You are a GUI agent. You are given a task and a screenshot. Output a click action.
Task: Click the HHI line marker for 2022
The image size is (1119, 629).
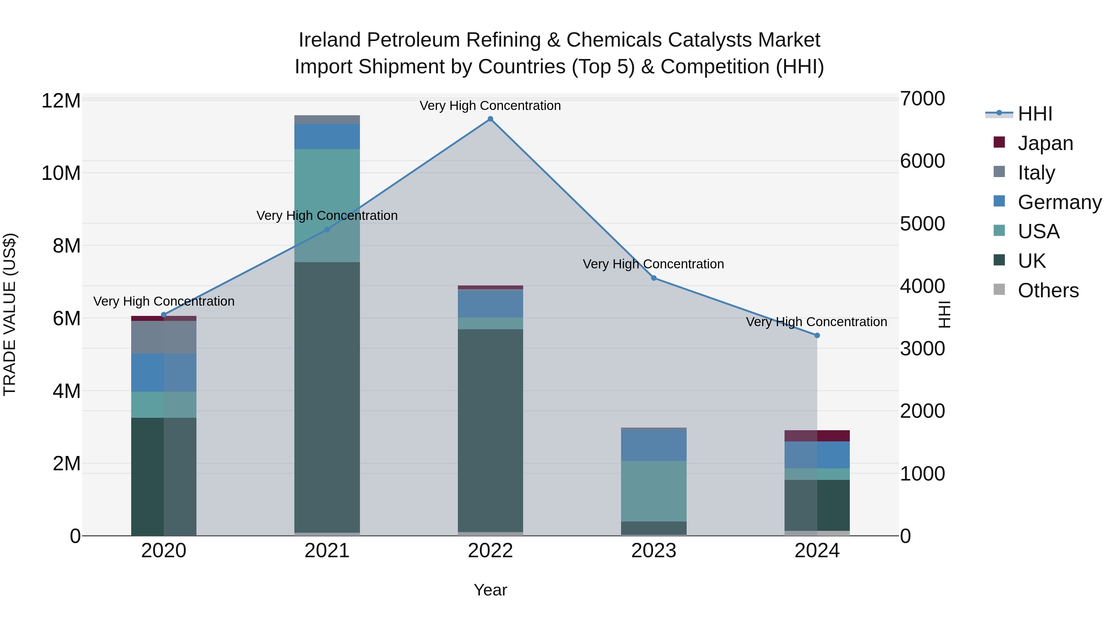[x=490, y=119]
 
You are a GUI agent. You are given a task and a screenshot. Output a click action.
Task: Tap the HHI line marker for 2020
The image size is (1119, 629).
[x=164, y=315]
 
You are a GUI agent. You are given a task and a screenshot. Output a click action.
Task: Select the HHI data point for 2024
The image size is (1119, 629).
[x=817, y=335]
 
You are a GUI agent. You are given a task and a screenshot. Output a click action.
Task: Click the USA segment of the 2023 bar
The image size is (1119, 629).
[x=654, y=491]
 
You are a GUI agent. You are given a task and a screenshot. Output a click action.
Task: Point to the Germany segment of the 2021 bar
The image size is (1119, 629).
[x=327, y=136]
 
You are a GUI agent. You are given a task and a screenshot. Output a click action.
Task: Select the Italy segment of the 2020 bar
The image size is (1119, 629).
[x=164, y=337]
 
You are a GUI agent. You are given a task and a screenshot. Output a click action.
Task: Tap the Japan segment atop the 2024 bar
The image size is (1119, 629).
[x=817, y=435]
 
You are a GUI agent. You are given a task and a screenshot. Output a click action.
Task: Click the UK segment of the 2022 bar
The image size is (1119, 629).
[x=490, y=430]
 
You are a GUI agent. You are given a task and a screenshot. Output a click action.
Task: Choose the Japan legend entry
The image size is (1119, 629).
[x=1045, y=143]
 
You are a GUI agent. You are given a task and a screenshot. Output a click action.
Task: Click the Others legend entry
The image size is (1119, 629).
[x=1048, y=290]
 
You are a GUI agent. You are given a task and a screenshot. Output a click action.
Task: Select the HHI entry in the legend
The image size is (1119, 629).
[x=1035, y=114]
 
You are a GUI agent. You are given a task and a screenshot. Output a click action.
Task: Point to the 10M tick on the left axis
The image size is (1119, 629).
[x=61, y=173]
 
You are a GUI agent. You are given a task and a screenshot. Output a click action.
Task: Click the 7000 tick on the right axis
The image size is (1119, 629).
[x=922, y=98]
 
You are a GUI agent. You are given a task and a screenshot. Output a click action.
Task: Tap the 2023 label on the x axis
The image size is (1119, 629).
[x=654, y=551]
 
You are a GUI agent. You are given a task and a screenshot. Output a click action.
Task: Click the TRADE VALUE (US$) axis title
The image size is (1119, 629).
[x=10, y=314]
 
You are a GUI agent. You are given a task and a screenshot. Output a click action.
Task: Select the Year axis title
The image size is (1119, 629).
[x=490, y=590]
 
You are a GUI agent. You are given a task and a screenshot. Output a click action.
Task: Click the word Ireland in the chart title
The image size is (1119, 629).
[x=330, y=40]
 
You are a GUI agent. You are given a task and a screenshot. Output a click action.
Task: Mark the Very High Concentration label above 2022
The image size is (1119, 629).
[x=490, y=106]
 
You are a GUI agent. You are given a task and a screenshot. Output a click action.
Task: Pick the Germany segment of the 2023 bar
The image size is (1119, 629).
[x=654, y=444]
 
